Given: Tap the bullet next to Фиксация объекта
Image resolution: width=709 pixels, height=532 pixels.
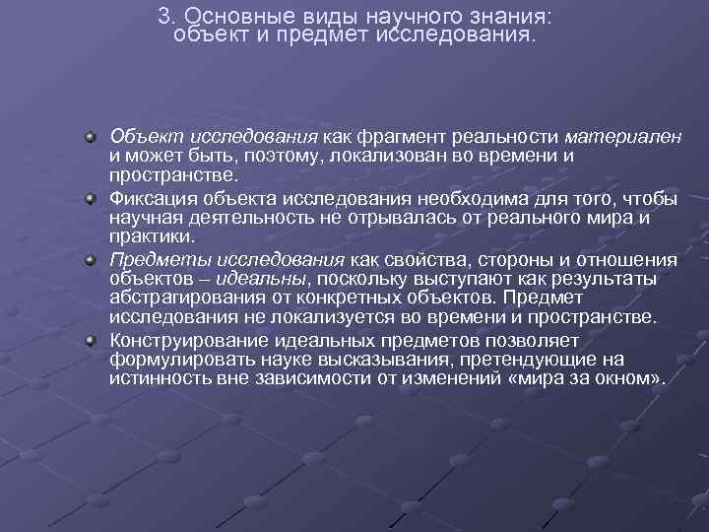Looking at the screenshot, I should pyautogui.click(x=90, y=199).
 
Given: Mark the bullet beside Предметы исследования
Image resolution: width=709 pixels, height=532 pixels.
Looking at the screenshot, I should pyautogui.click(x=90, y=260).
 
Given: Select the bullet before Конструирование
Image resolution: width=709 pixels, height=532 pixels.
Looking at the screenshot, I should pyautogui.click(x=90, y=340).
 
